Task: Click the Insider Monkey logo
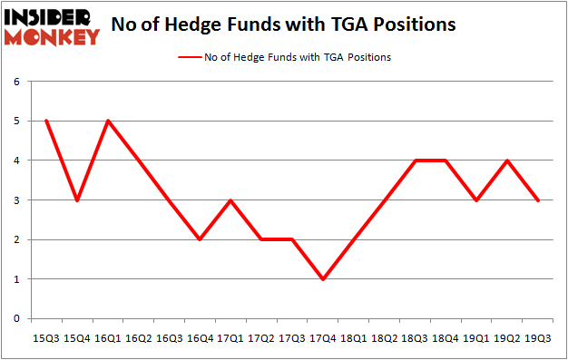(52, 26)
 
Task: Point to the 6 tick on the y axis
(16, 82)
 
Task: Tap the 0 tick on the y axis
(16, 319)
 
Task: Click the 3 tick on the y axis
(16, 200)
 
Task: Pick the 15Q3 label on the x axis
(45, 338)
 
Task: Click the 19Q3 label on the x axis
(539, 338)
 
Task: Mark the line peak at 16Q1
(109, 121)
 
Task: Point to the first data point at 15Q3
(45, 121)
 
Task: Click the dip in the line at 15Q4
(77, 200)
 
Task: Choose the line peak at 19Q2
(507, 161)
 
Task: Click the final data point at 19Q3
(539, 200)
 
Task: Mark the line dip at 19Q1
(475, 200)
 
